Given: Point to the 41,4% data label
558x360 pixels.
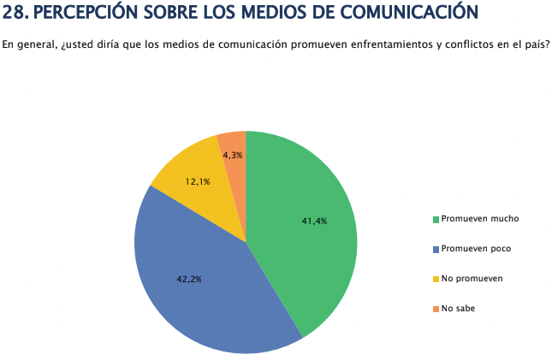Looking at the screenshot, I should click(x=314, y=221).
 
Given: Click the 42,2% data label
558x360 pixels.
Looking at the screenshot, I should click(x=188, y=279).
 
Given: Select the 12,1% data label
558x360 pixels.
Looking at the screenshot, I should click(x=198, y=181).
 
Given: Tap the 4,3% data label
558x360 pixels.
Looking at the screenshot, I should click(x=232, y=156).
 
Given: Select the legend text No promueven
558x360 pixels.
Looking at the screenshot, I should click(x=472, y=279).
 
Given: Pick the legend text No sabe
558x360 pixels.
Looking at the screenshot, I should click(x=458, y=309).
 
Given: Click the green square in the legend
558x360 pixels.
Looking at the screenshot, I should click(x=436, y=220).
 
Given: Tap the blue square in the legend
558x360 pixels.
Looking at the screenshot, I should click(x=436, y=250).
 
